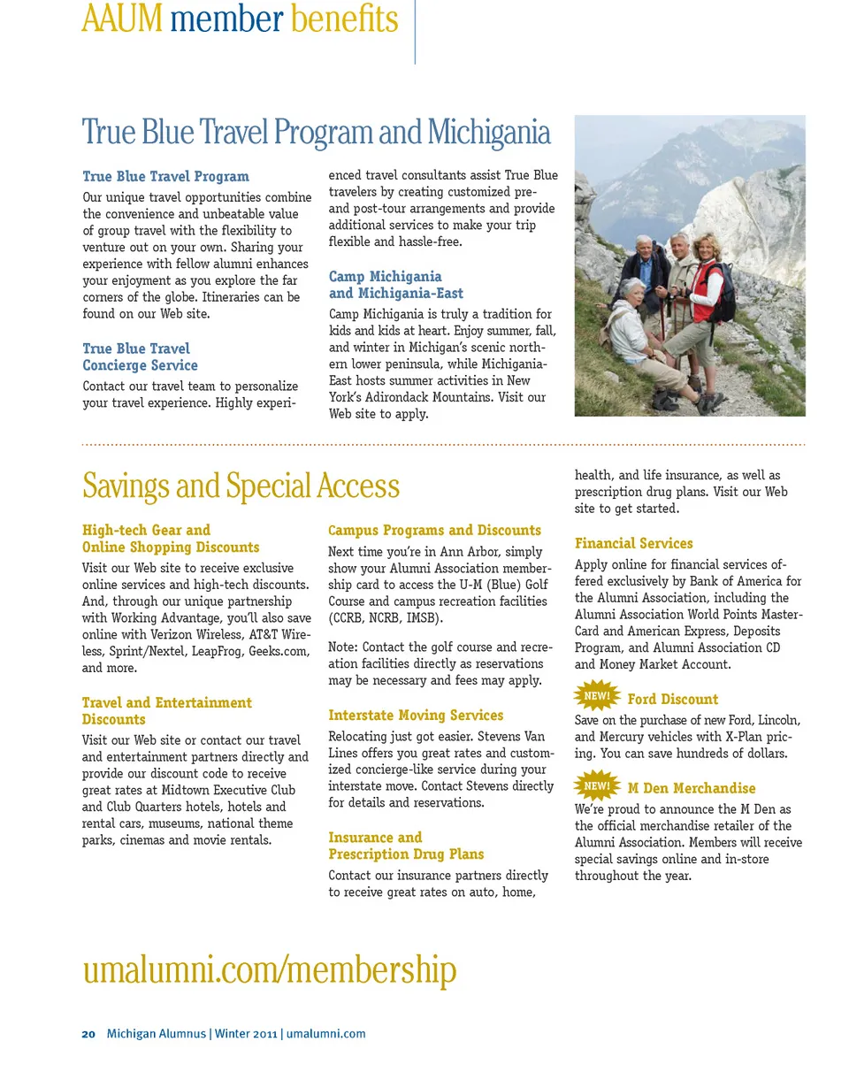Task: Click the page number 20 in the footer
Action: coord(88,1033)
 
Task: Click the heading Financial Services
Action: coord(633,543)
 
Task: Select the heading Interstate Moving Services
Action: coord(416,715)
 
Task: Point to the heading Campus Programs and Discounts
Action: coord(434,530)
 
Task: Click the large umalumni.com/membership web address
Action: coord(270,969)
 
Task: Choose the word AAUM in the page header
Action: coord(121,19)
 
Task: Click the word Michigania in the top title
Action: coord(489,133)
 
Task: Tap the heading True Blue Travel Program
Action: coord(165,176)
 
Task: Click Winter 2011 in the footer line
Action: coord(246,1033)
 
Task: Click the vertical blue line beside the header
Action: coord(415,31)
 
